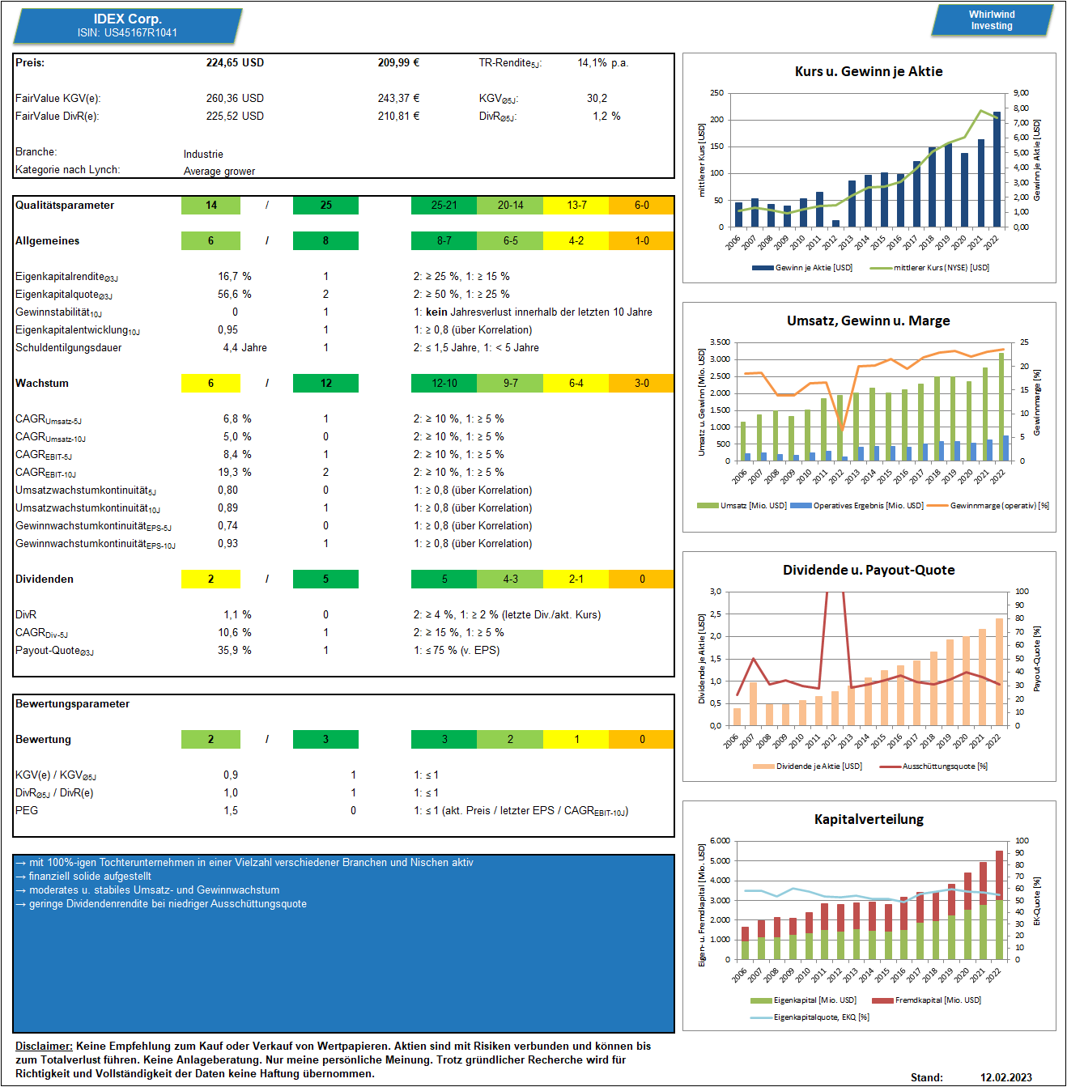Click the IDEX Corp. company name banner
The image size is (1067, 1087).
[x=128, y=25]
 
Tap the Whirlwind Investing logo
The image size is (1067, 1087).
[x=992, y=20]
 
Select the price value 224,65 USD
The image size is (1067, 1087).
[x=235, y=62]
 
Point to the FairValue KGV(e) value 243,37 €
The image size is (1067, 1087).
[x=398, y=98]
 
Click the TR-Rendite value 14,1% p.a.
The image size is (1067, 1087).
[x=602, y=62]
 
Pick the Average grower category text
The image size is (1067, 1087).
[x=219, y=171]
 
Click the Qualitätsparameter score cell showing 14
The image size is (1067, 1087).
[x=210, y=206]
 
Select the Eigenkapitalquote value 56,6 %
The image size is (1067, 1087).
[x=234, y=294]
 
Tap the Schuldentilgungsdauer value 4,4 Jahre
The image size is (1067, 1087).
[x=244, y=347]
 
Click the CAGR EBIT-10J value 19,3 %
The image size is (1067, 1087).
[x=234, y=472]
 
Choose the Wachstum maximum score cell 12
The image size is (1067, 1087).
[x=325, y=383]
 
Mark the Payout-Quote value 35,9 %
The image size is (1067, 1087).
[x=234, y=651]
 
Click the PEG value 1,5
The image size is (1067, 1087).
[x=230, y=811]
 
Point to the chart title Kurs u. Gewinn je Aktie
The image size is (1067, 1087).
[x=869, y=72]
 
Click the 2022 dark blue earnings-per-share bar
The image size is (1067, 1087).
[x=997, y=169]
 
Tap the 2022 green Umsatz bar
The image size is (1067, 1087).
[x=1001, y=406]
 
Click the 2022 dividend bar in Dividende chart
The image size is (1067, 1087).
[x=999, y=672]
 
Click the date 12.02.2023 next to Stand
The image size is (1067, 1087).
[x=1005, y=1077]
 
